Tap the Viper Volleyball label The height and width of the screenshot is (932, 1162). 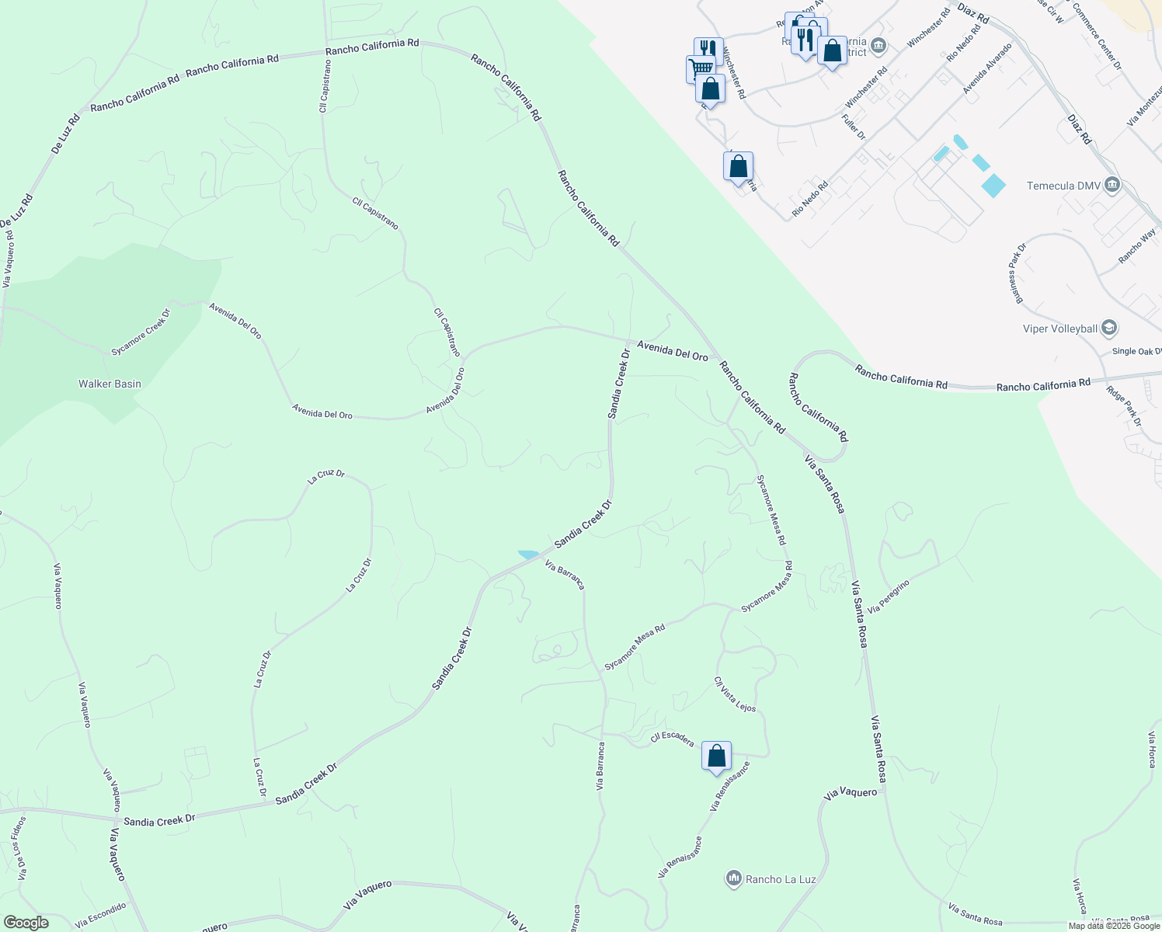pyautogui.click(x=1060, y=329)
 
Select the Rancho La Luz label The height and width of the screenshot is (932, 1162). pyautogui.click(x=781, y=879)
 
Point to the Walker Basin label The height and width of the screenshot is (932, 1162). pyautogui.click(x=110, y=384)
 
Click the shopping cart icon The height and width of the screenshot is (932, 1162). pyautogui.click(x=699, y=69)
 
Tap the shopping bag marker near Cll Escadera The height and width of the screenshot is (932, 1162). pyautogui.click(x=716, y=756)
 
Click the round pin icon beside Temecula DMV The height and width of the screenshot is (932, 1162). pyautogui.click(x=1112, y=185)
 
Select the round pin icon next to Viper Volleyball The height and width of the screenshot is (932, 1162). pyautogui.click(x=1109, y=328)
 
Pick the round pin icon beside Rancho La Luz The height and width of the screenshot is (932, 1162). pyautogui.click(x=733, y=878)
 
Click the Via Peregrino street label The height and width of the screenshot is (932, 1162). pyautogui.click(x=889, y=596)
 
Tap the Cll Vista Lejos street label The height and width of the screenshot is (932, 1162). pyautogui.click(x=735, y=694)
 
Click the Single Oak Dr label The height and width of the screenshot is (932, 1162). pyautogui.click(x=1136, y=351)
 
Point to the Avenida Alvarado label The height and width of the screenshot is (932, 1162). pyautogui.click(x=987, y=69)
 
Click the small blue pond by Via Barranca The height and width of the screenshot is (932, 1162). pyautogui.click(x=529, y=555)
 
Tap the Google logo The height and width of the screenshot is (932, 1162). pyautogui.click(x=26, y=922)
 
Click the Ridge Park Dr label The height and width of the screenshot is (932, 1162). pyautogui.click(x=1124, y=405)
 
